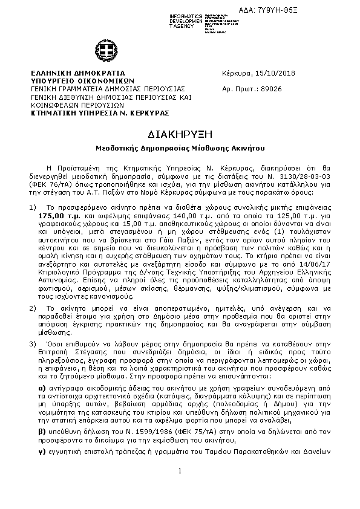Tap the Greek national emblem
pyautogui.click(x=103, y=51)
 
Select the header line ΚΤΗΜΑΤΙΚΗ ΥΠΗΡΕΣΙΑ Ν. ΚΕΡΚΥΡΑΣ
pyautogui.click(x=100, y=112)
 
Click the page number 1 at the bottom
pyautogui.click(x=180, y=488)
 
